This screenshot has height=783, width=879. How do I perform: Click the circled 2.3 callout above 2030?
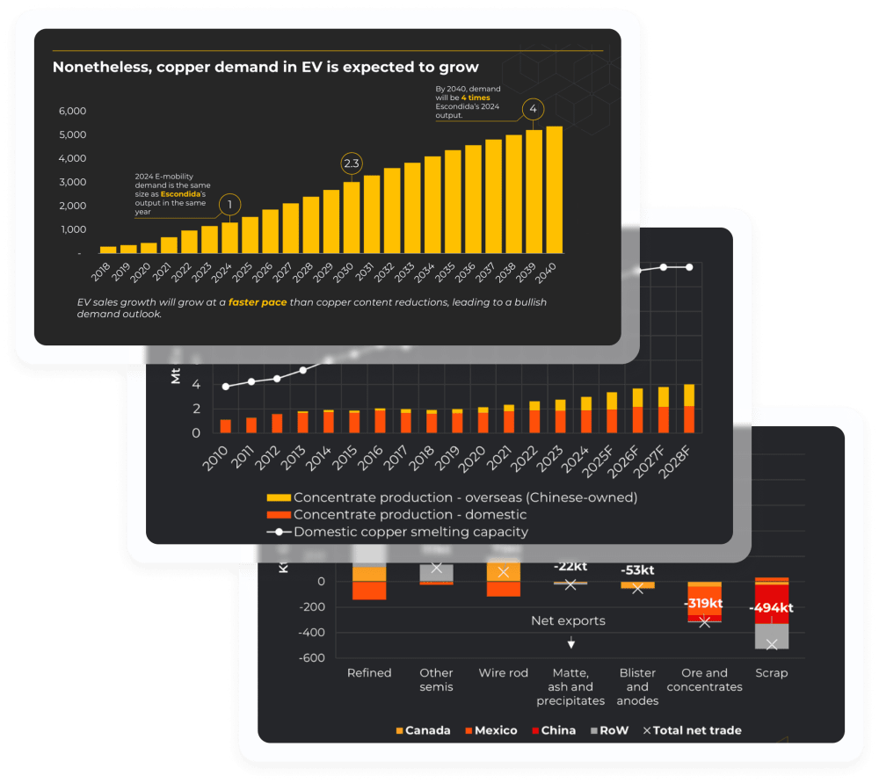351,163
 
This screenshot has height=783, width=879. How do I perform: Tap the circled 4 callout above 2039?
533,110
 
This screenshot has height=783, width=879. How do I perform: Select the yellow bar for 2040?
554,189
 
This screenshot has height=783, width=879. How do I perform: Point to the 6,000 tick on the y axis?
72,111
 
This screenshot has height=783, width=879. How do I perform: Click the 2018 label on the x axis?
106,268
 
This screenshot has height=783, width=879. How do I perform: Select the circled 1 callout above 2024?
229,205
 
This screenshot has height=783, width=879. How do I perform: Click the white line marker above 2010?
226,386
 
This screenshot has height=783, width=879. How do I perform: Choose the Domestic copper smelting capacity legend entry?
411,532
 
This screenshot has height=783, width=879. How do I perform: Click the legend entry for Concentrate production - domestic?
410,514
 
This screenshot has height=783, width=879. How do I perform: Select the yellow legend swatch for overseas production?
277,497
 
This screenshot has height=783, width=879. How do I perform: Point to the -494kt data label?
771,607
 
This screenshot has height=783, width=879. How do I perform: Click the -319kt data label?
704,604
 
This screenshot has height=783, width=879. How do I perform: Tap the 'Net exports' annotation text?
568,621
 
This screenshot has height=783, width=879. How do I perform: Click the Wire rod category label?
504,673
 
